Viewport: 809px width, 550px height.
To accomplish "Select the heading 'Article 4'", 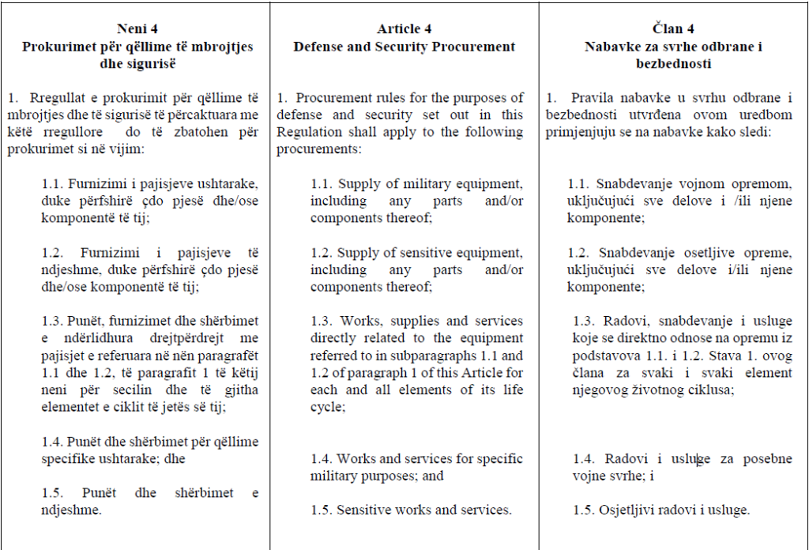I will coord(404,29).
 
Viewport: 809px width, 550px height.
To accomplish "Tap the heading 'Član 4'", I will coord(674,29).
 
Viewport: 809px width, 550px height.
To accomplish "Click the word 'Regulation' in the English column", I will coord(310,131).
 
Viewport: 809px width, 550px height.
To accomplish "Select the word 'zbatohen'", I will coord(198,131).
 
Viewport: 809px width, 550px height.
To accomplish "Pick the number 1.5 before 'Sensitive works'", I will coord(321,510).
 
